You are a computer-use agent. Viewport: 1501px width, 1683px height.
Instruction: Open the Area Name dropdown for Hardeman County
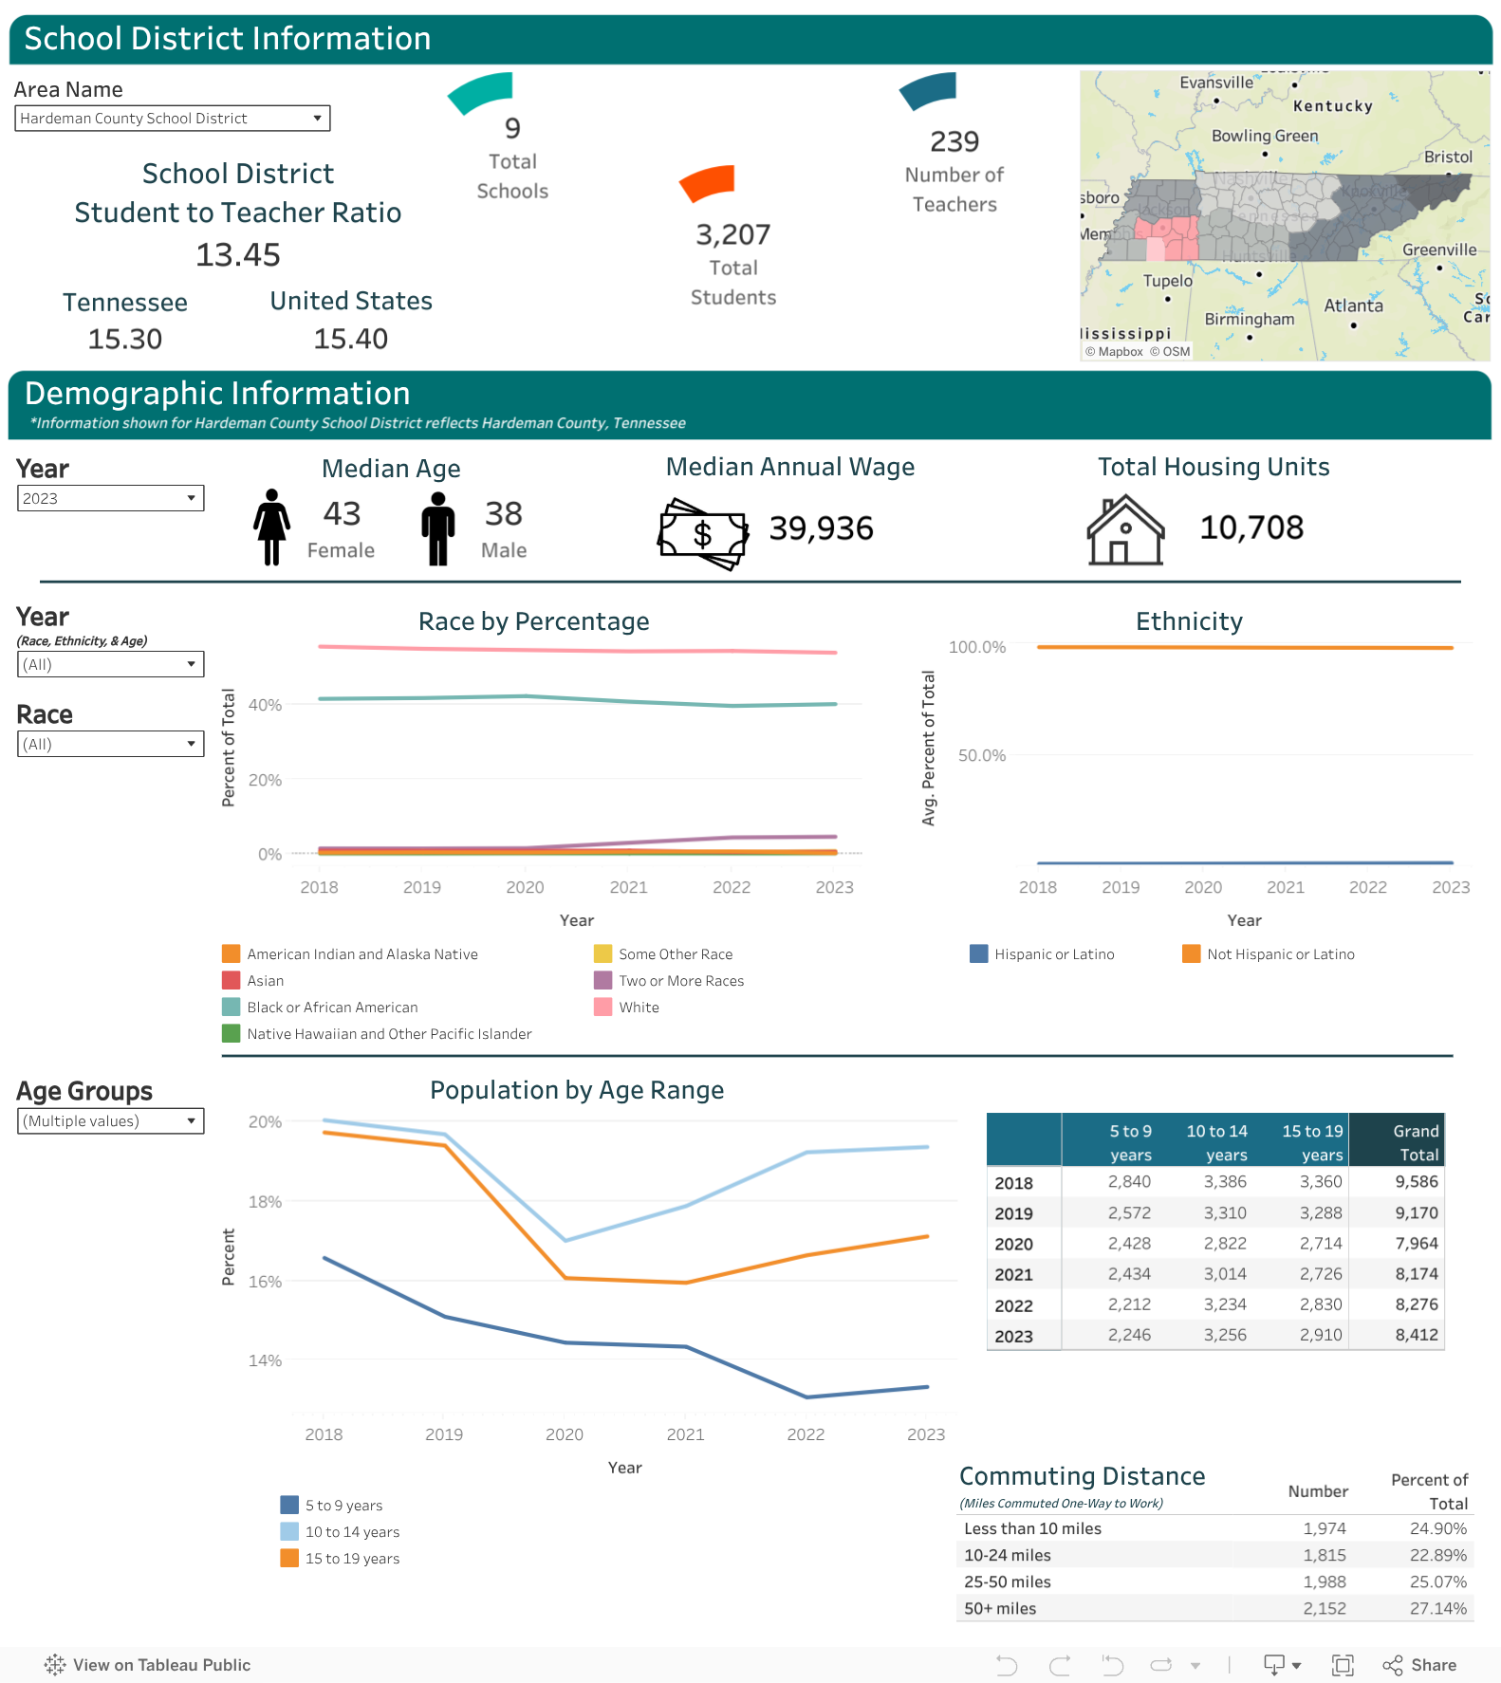pyautogui.click(x=173, y=119)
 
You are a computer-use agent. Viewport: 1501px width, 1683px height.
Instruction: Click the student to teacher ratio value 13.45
pyautogui.click(x=238, y=255)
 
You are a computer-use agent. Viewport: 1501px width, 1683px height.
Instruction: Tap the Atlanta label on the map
pyautogui.click(x=1353, y=305)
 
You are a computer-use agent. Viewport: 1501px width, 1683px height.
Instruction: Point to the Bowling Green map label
pyautogui.click(x=1265, y=136)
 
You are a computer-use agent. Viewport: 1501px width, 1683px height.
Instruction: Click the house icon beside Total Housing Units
pyautogui.click(x=1125, y=529)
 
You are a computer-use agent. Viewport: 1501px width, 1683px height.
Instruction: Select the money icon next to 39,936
pyautogui.click(x=703, y=533)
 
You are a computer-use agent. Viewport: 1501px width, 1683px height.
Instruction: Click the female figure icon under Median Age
pyautogui.click(x=271, y=527)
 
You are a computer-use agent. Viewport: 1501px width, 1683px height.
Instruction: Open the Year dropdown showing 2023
pyautogui.click(x=111, y=498)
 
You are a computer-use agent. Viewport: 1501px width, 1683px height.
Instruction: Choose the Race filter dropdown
pyautogui.click(x=111, y=744)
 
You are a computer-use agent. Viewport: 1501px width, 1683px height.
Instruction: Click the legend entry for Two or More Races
pyautogui.click(x=669, y=981)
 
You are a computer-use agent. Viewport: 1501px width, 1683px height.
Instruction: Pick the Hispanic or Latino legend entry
pyautogui.click(x=1042, y=954)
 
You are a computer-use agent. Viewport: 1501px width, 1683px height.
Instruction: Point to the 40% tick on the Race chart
pyautogui.click(x=265, y=705)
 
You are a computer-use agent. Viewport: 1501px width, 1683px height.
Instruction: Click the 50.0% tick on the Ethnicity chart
pyautogui.click(x=981, y=755)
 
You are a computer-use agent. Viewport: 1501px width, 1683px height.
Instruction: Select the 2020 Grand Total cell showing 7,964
pyautogui.click(x=1417, y=1243)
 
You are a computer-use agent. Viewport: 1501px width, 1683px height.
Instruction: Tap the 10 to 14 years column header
pyautogui.click(x=1217, y=1142)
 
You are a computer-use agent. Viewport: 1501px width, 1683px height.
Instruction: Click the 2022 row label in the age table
pyautogui.click(x=1013, y=1305)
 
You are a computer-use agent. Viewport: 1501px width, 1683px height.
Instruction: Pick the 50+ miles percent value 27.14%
pyautogui.click(x=1438, y=1608)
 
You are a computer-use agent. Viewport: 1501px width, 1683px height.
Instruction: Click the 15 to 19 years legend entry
pyautogui.click(x=340, y=1558)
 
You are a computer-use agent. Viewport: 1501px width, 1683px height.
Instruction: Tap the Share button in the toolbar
pyautogui.click(x=1420, y=1665)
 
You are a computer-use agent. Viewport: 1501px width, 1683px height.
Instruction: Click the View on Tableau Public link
pyautogui.click(x=147, y=1665)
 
